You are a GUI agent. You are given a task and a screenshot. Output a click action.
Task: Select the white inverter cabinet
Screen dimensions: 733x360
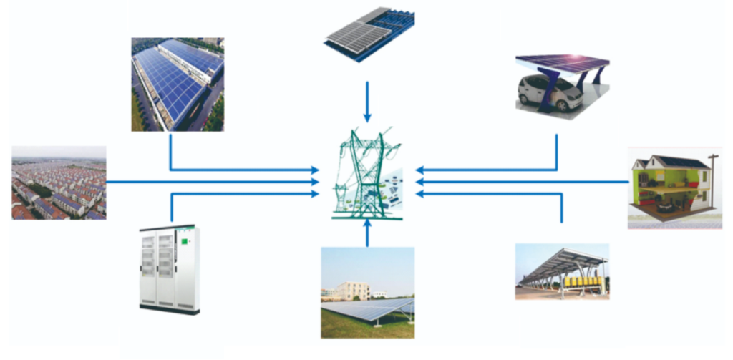[170, 269]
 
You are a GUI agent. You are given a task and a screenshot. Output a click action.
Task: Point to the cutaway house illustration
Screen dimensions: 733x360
[673, 188]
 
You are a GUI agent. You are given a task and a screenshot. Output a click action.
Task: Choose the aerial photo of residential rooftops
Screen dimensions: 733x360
[59, 183]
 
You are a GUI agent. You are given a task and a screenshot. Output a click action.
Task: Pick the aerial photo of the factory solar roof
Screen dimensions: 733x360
[178, 84]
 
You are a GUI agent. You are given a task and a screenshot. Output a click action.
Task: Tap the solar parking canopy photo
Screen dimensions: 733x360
[562, 271]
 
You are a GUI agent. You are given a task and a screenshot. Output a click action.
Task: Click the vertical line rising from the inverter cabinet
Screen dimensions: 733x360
[172, 208]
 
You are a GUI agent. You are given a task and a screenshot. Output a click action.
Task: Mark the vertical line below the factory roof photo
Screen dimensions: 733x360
[170, 150]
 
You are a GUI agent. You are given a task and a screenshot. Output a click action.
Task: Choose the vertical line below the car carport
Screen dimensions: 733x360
[558, 151]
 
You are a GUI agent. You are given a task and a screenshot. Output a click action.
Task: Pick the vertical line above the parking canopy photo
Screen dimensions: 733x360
[562, 208]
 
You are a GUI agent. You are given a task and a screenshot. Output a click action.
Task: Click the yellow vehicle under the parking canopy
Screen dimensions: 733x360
[581, 283]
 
